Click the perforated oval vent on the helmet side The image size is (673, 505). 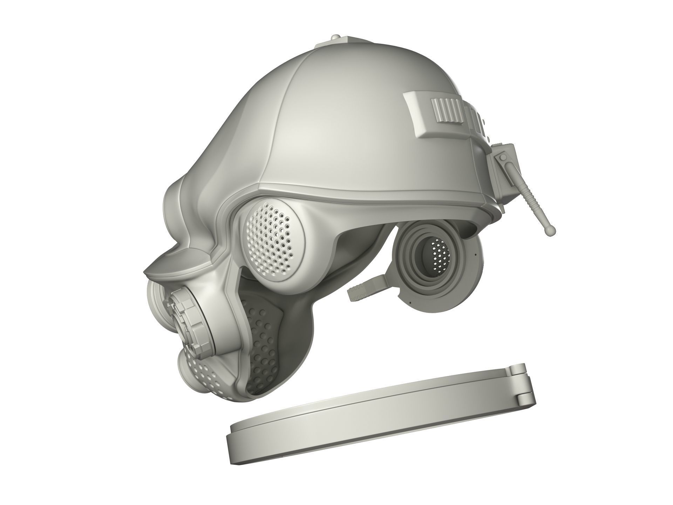(x=269, y=237)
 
